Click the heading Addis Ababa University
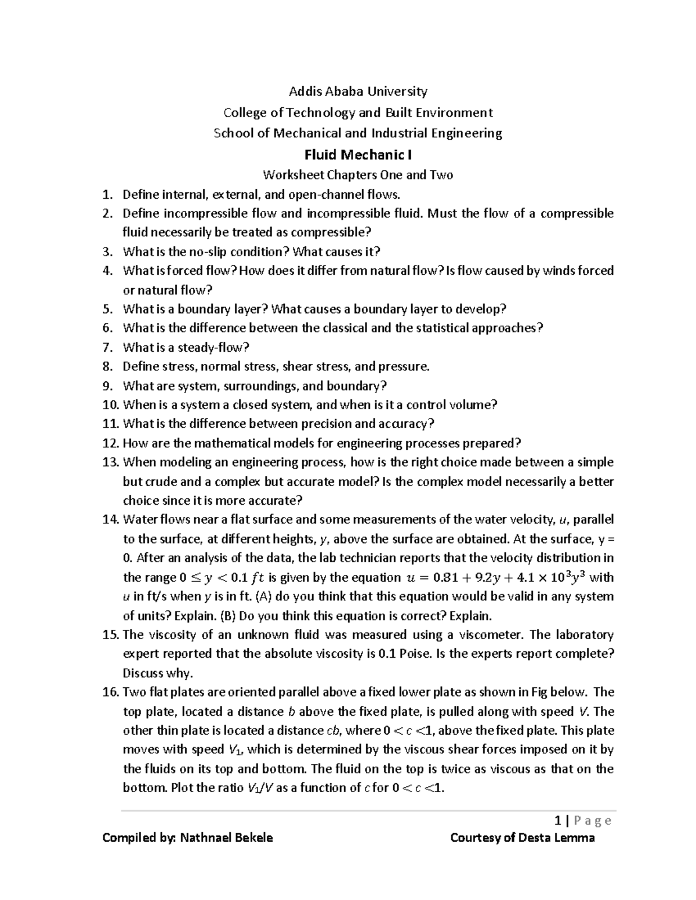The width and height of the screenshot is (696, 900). tap(358, 91)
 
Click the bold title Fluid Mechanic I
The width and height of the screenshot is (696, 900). tap(358, 155)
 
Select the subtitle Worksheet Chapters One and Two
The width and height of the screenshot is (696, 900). tap(358, 174)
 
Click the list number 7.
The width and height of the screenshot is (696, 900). tap(107, 347)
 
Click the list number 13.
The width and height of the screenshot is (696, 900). tap(110, 462)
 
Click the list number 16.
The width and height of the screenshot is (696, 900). tap(110, 692)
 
